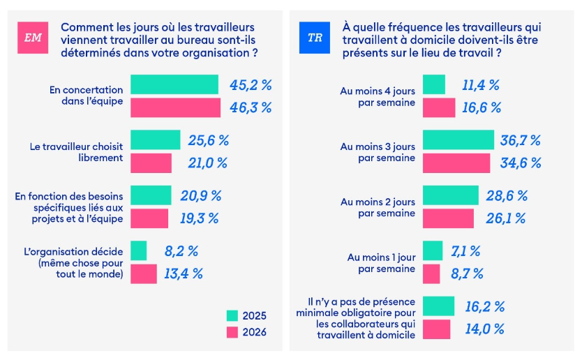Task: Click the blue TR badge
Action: click(315, 38)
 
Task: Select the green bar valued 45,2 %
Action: click(174, 84)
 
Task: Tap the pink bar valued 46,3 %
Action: click(176, 107)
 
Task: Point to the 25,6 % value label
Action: click(209, 140)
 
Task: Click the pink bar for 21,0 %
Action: click(151, 163)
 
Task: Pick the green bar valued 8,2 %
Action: click(139, 250)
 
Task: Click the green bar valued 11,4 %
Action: click(434, 84)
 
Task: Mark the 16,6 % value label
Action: click(482, 107)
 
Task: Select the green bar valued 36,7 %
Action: click(458, 140)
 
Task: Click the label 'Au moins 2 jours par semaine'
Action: click(378, 207)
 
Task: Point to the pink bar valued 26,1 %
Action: click(449, 218)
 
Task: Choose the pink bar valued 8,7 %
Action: click(432, 273)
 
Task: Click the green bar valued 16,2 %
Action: click(439, 306)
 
